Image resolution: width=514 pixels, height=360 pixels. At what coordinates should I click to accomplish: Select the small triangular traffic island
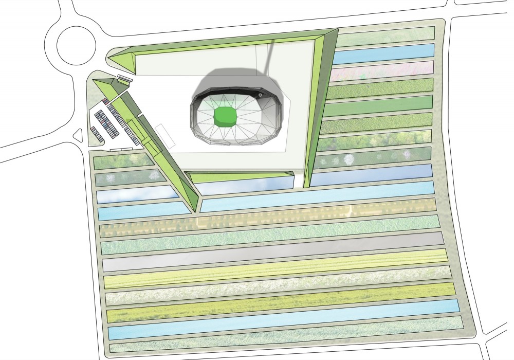tap(78, 136)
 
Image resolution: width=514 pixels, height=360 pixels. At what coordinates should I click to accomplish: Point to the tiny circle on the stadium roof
tap(261, 95)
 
